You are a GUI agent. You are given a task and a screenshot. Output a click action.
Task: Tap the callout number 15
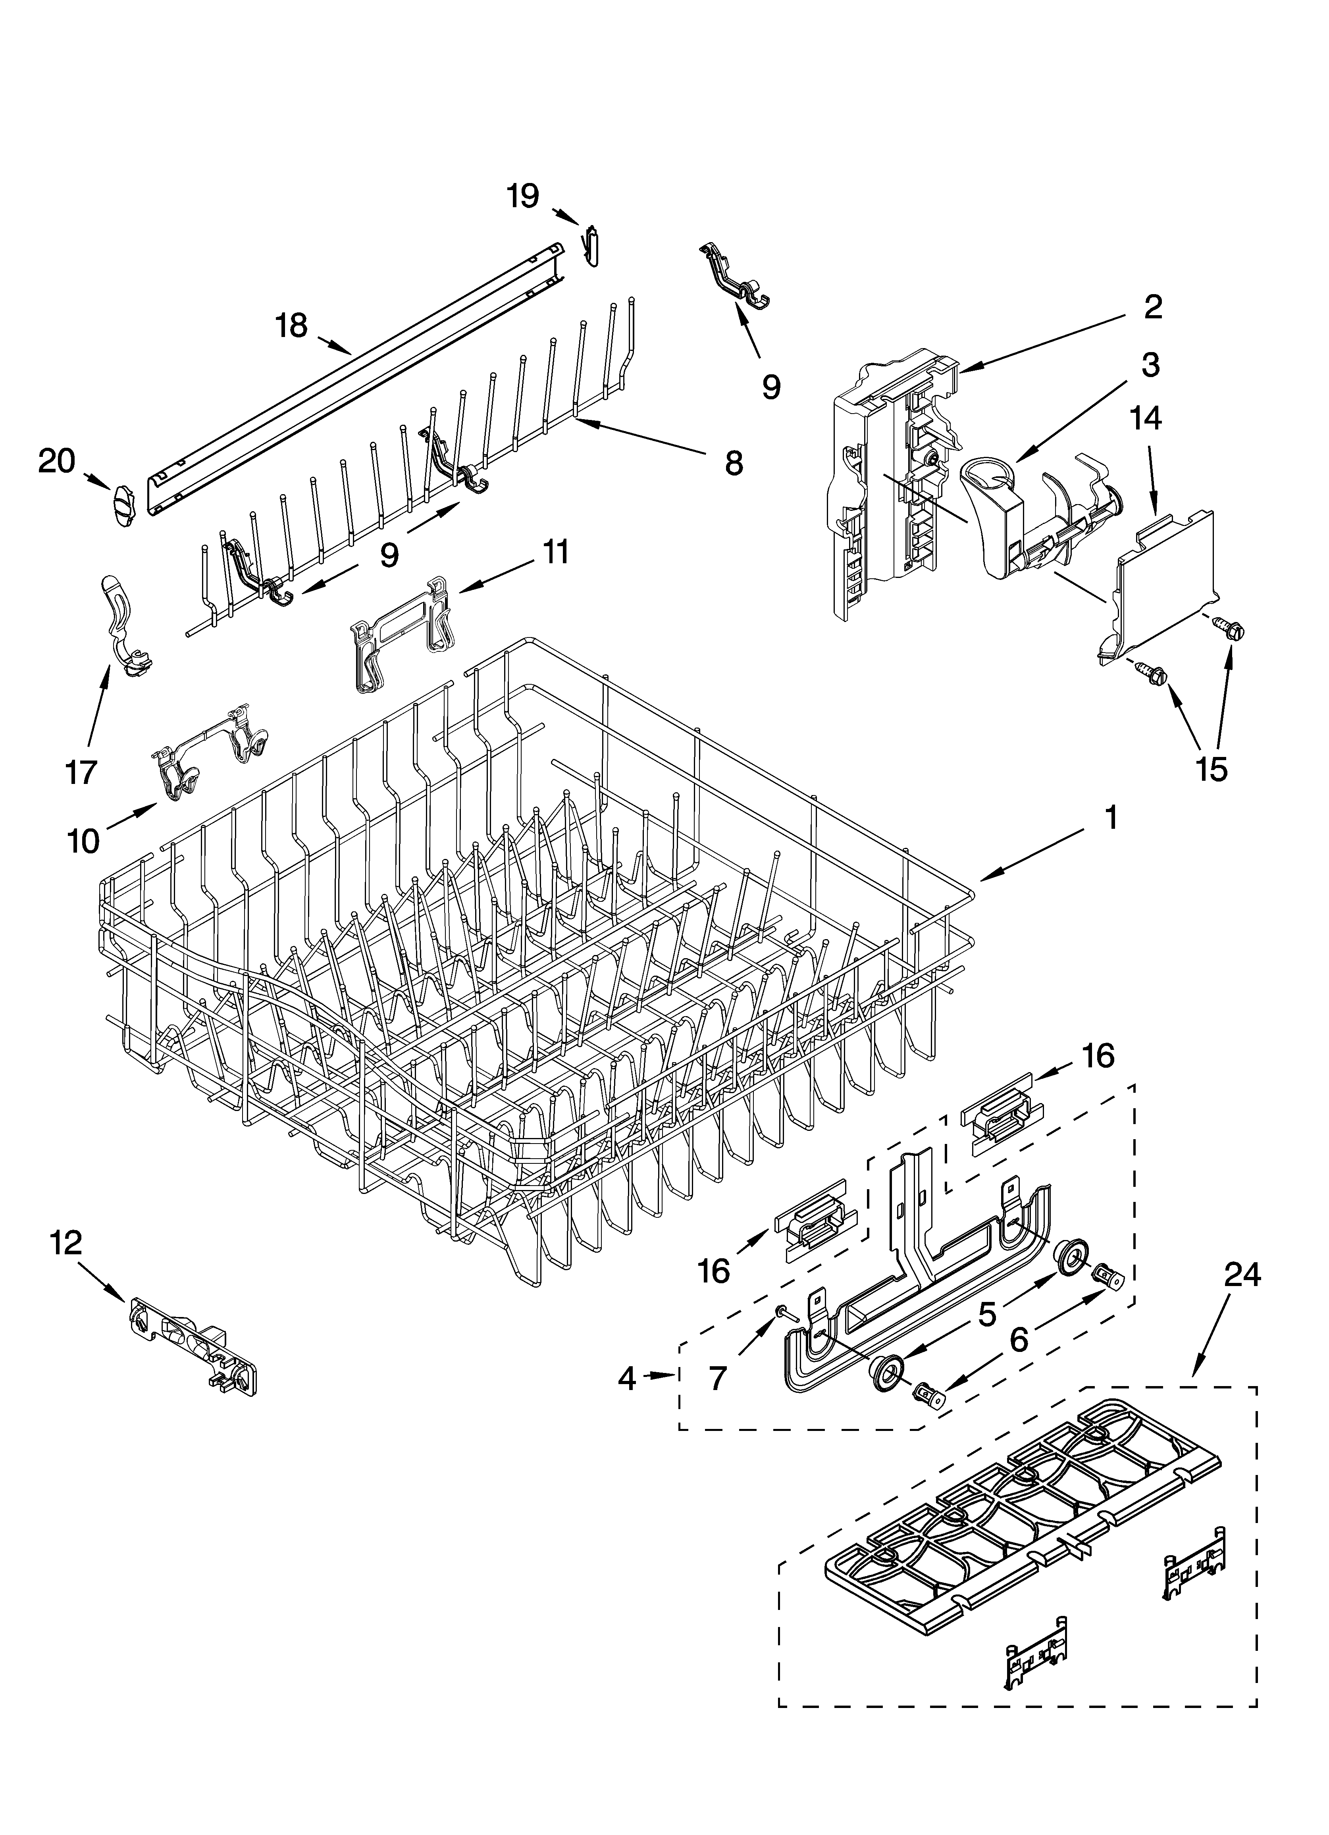tap(1212, 768)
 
